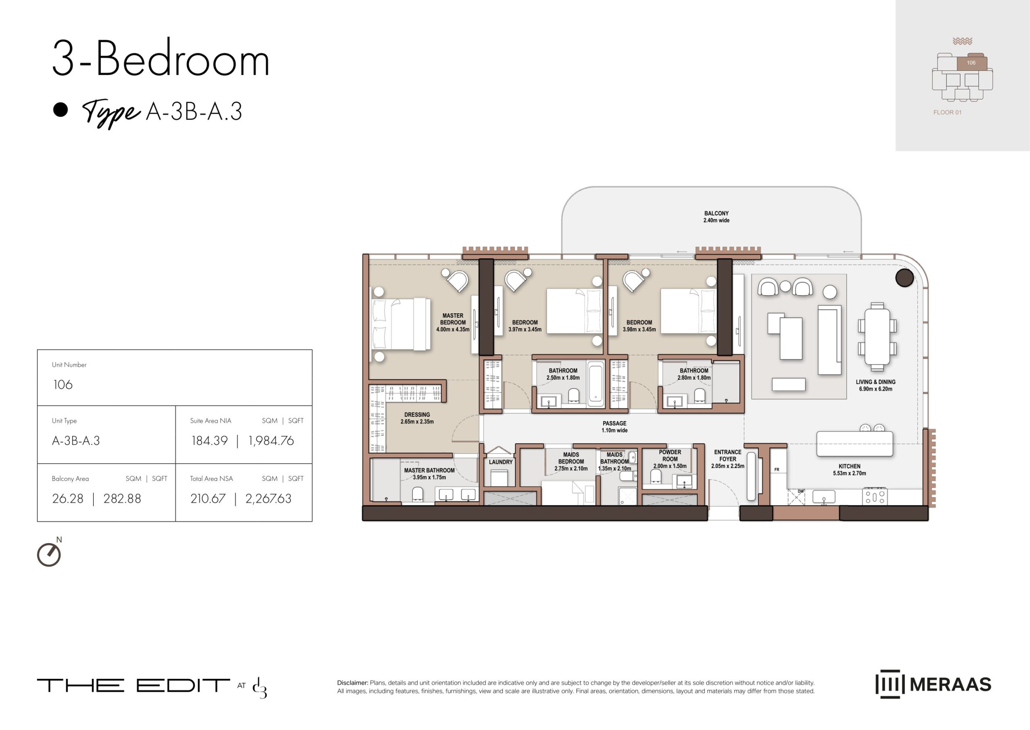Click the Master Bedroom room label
click(453, 322)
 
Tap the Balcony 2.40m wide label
click(717, 217)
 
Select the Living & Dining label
click(875, 385)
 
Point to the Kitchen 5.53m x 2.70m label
click(849, 470)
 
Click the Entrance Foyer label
click(728, 459)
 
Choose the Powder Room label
click(670, 459)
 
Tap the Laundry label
click(501, 462)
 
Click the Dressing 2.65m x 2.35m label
click(417, 418)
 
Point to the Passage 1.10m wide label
click(614, 426)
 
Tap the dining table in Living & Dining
click(877, 337)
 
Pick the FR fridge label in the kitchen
click(777, 470)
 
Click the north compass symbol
click(49, 554)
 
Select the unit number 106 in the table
click(63, 385)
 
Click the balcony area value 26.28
click(68, 498)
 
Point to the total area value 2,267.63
click(268, 499)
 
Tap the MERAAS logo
click(933, 684)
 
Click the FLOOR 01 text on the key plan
click(948, 112)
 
